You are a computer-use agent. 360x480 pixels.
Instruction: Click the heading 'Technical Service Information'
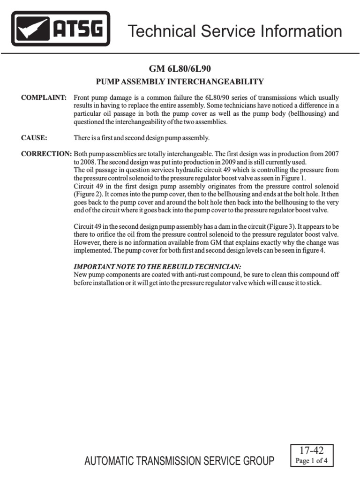click(235, 31)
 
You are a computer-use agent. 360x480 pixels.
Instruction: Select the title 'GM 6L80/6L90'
click(180, 69)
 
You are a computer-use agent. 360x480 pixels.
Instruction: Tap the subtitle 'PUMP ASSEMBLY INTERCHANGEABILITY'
click(180, 82)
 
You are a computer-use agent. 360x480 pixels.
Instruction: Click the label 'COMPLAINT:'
click(44, 97)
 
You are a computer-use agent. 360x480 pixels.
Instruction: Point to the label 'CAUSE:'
click(35, 138)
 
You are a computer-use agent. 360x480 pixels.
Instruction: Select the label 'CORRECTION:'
click(46, 154)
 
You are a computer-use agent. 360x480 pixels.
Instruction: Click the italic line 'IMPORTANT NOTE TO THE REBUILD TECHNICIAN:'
click(157, 267)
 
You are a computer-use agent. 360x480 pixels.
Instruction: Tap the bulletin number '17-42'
click(312, 450)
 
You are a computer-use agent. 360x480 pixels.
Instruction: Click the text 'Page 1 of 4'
click(312, 460)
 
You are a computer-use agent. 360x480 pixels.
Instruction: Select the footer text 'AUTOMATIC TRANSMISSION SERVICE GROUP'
click(179, 462)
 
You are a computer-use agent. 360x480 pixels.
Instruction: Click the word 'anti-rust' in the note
click(202, 275)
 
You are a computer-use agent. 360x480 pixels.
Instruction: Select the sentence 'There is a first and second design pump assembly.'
click(142, 138)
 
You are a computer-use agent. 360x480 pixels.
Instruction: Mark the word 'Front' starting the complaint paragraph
click(82, 97)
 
